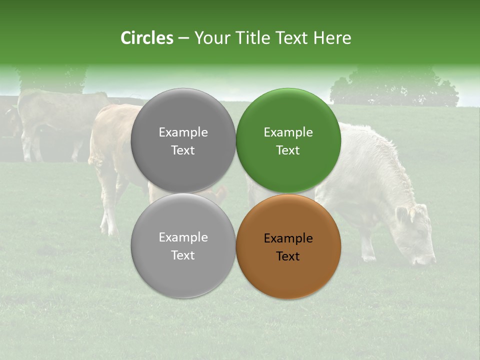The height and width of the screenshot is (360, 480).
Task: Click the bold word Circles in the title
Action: [146, 38]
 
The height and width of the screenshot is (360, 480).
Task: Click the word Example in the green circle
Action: [288, 132]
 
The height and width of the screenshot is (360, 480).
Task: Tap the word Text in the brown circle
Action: [288, 256]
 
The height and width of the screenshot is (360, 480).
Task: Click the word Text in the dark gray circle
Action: [183, 150]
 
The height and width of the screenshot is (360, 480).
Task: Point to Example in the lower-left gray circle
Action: [183, 237]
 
